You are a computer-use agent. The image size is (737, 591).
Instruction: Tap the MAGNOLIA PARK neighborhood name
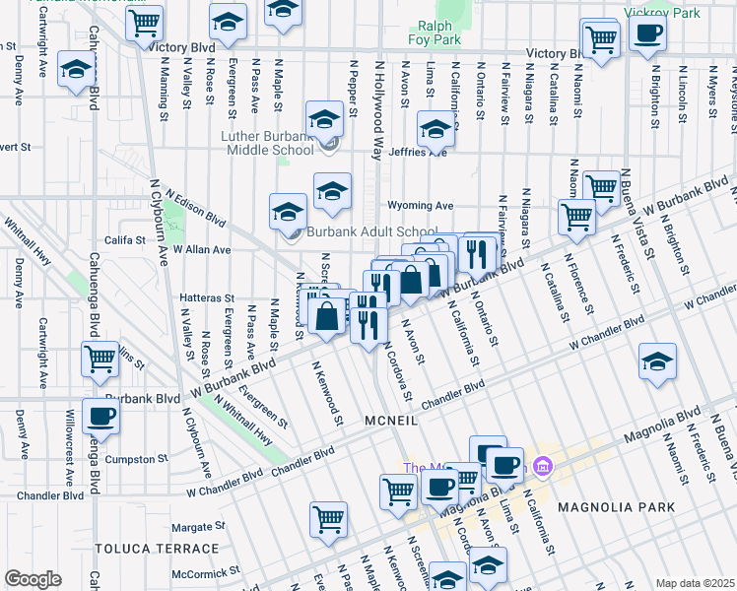tap(616, 507)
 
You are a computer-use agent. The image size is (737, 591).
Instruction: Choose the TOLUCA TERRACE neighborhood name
tap(157, 548)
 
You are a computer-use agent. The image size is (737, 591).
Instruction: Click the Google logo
tap(32, 578)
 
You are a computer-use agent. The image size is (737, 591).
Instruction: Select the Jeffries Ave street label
tap(423, 153)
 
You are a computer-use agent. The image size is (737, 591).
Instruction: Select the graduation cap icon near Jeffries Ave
tap(435, 128)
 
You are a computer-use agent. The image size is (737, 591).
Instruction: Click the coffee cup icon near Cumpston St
tap(100, 416)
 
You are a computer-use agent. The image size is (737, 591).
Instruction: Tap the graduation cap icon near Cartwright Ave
tap(75, 70)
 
